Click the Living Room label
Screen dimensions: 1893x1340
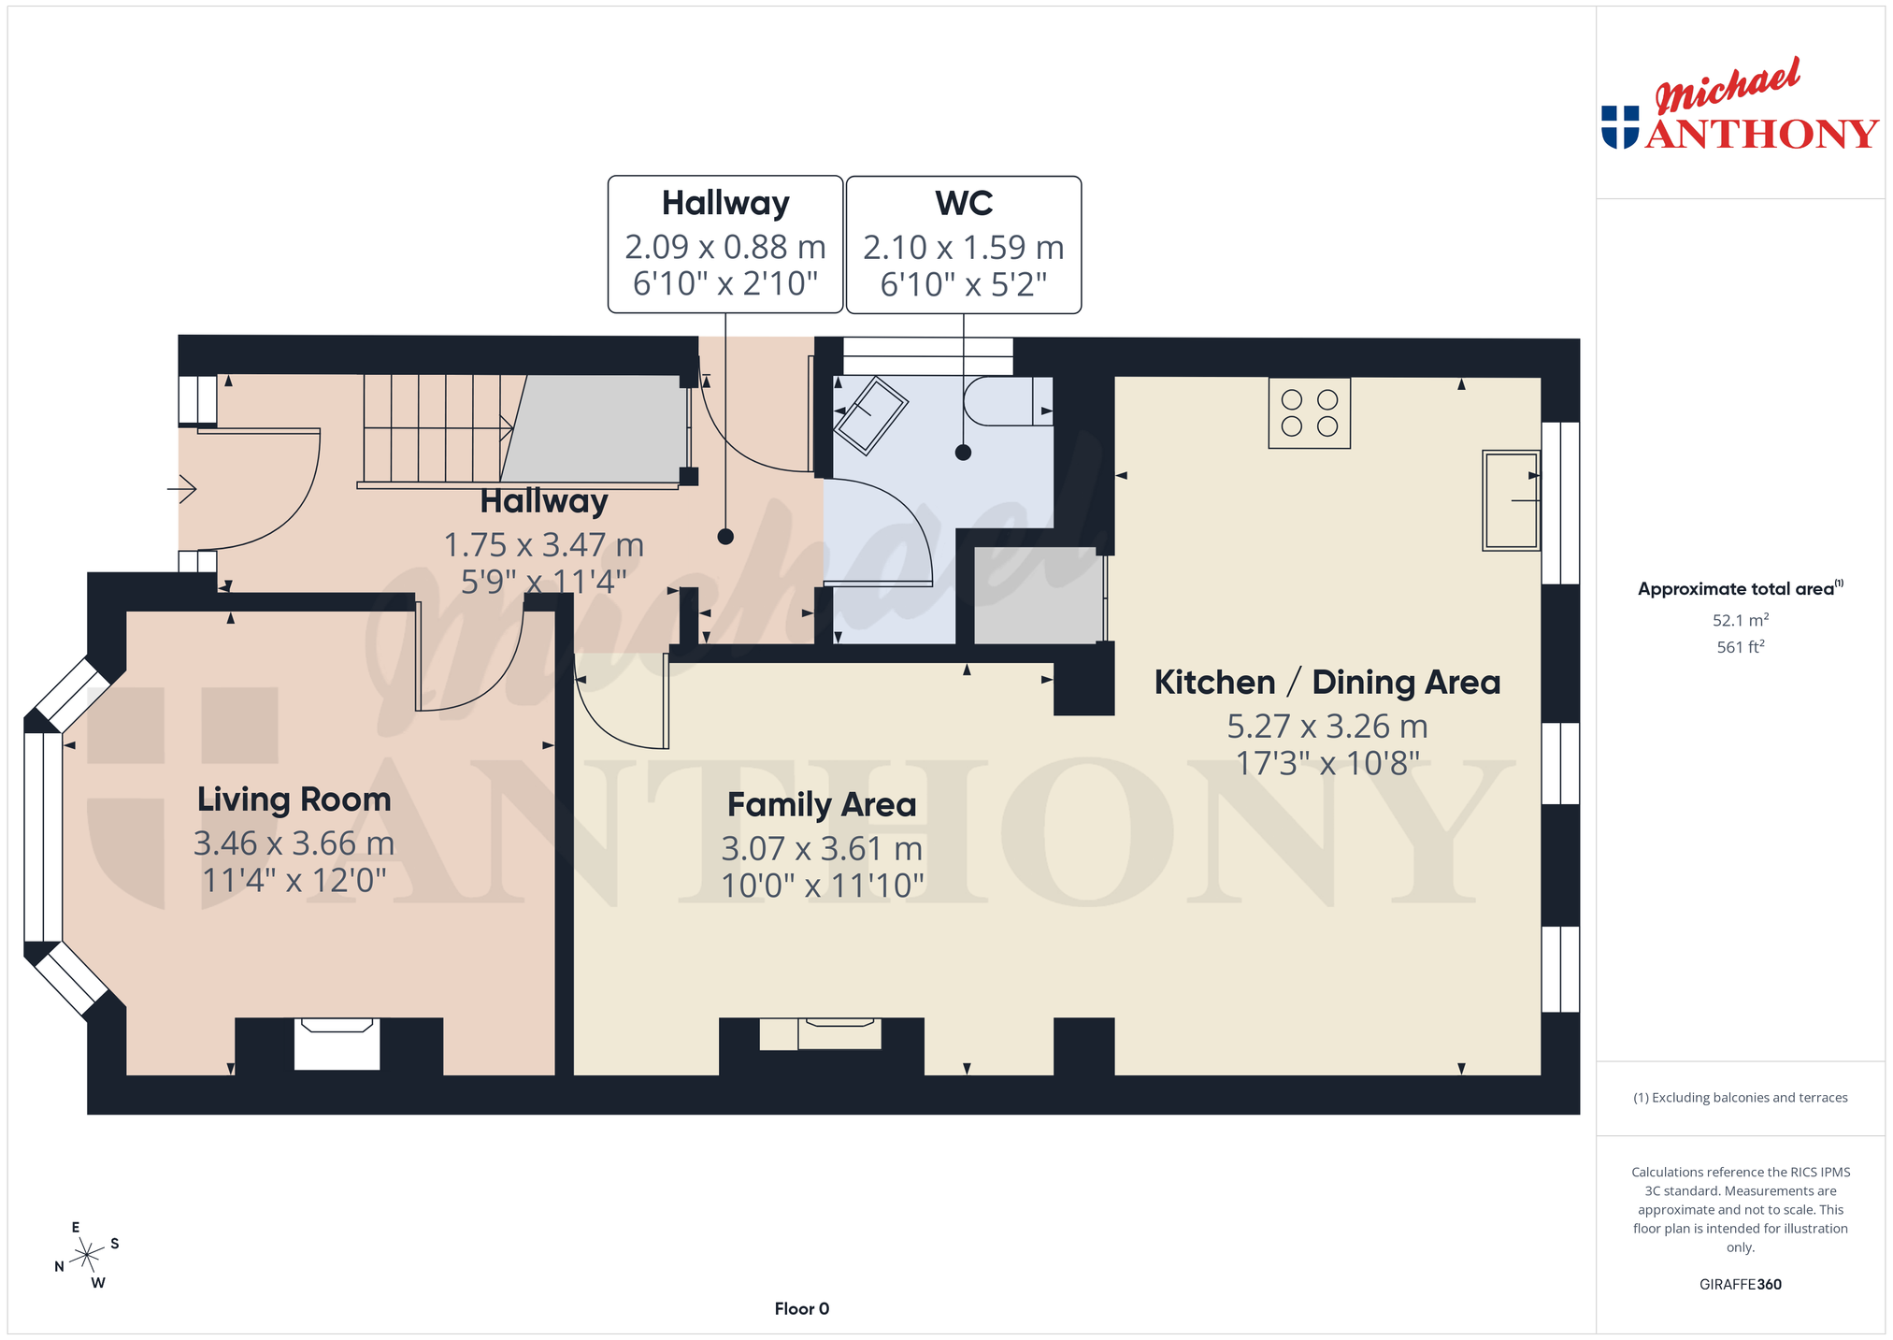point(294,800)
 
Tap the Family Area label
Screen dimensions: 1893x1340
point(822,805)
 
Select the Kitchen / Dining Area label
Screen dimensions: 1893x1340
point(1327,683)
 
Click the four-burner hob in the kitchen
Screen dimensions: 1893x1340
point(1309,413)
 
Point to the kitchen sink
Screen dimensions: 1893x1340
point(1511,500)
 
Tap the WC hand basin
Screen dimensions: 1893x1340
point(870,415)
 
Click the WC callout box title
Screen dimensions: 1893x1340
point(964,204)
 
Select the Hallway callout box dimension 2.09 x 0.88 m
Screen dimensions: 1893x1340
point(725,247)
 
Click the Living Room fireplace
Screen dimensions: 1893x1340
point(337,1044)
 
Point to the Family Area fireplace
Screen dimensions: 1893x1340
point(821,1034)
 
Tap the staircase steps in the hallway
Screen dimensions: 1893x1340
point(437,428)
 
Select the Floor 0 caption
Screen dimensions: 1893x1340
point(802,1309)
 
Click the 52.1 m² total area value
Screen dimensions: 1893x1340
point(1741,620)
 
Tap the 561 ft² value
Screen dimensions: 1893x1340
point(1741,646)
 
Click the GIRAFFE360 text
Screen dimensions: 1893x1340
point(1741,1284)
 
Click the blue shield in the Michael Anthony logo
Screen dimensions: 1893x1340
point(1620,127)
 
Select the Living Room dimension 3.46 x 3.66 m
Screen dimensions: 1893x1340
point(294,843)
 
